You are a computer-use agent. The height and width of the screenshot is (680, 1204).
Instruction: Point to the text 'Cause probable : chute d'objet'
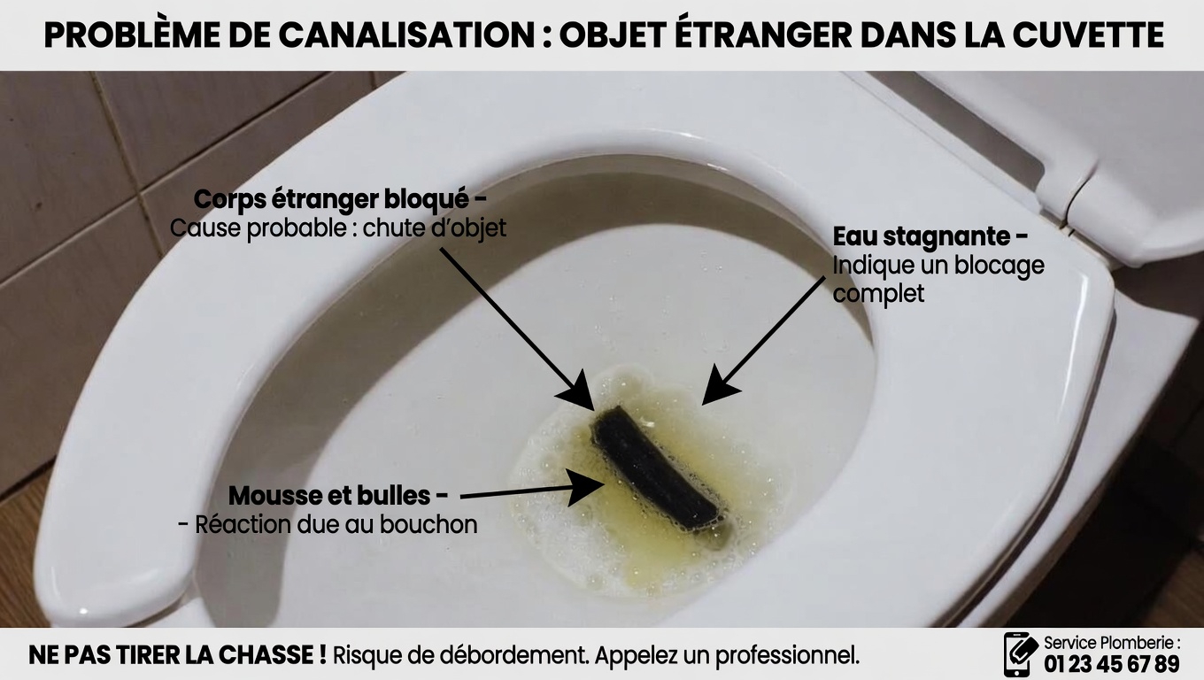338,228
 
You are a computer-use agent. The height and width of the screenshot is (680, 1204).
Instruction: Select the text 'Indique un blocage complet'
937,279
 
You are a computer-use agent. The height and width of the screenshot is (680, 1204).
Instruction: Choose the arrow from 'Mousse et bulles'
531,491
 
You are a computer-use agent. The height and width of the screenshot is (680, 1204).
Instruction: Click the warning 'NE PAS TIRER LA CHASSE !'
177,656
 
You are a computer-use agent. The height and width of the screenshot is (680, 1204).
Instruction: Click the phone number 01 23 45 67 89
1112,664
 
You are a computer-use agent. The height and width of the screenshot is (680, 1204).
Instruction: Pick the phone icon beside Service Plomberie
1019,654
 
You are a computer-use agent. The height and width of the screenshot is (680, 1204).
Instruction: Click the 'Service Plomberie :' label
1111,643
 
